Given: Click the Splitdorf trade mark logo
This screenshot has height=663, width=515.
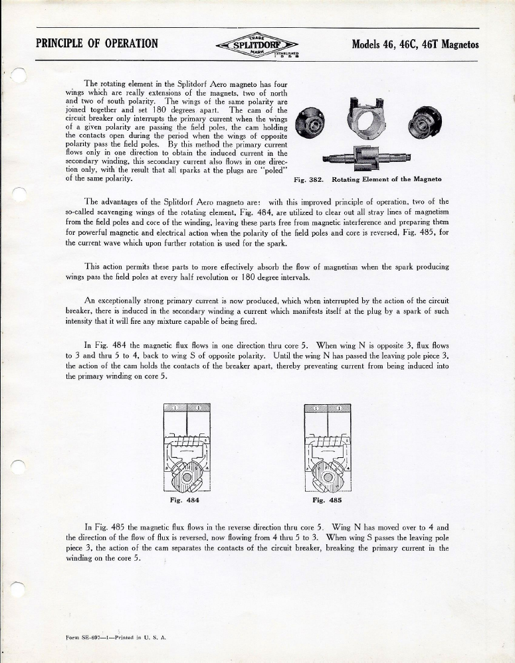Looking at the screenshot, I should point(257,45).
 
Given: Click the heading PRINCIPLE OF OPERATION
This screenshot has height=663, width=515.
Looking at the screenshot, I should point(97,44).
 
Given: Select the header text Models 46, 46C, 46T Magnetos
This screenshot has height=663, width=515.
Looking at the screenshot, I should point(415,45).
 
